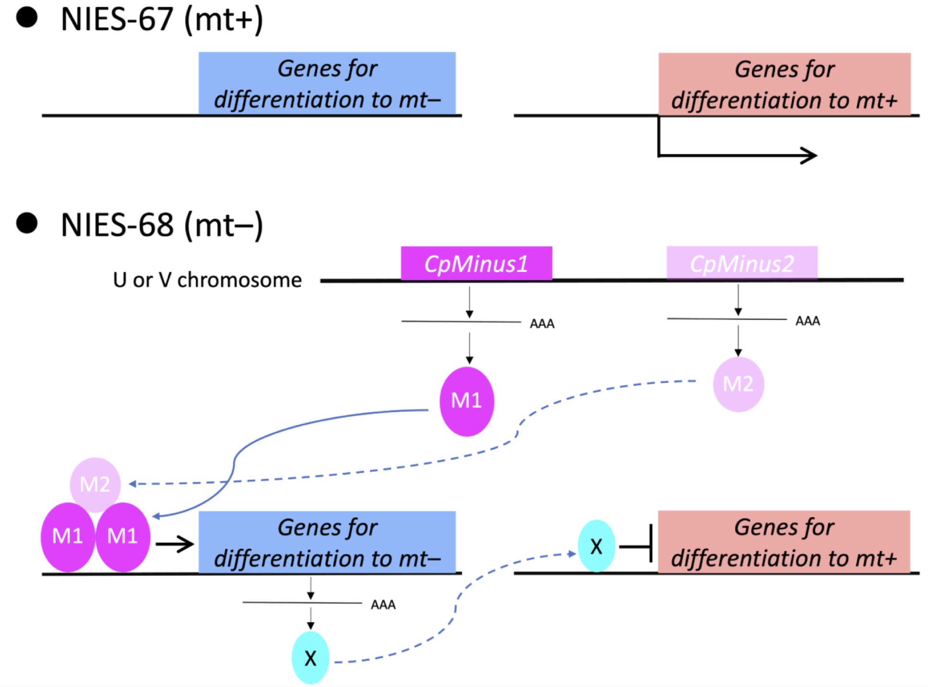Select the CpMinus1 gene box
(476, 263)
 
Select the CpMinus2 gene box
(742, 263)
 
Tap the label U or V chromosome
(207, 280)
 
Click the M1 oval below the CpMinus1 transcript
(467, 401)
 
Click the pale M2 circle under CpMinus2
(738, 384)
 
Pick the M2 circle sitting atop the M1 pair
(95, 484)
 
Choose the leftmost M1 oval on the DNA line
(67, 537)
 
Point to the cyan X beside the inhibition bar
(596, 546)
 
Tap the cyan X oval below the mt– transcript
(311, 658)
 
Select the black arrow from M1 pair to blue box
(175, 544)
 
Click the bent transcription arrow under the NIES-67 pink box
(734, 154)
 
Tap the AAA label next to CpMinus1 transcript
(542, 324)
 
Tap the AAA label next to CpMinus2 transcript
(808, 321)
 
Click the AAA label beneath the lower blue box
(383, 604)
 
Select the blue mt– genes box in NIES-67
(327, 83)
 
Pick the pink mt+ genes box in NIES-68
(784, 542)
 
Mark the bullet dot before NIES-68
(27, 223)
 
